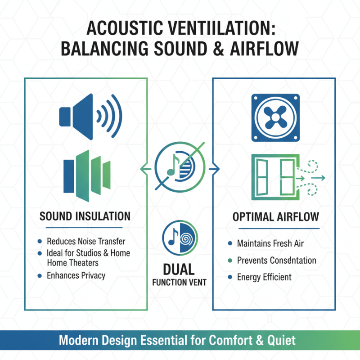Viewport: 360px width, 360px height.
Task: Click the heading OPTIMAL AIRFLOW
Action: (275, 217)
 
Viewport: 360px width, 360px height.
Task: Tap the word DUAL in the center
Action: (179, 269)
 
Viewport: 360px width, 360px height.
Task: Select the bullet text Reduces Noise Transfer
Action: (86, 242)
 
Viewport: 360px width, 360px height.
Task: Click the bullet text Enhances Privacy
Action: (76, 275)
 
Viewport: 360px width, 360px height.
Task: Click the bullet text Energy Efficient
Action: (264, 277)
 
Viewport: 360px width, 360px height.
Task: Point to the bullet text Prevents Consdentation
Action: (276, 261)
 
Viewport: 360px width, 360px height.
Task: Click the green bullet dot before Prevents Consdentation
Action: (230, 261)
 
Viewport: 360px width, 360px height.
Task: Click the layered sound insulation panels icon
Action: (87, 174)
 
